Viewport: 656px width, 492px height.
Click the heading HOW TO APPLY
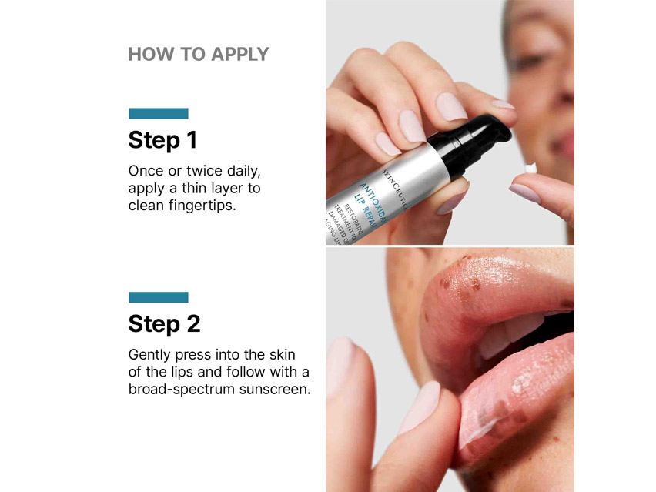[x=198, y=54]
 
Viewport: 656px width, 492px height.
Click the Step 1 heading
[x=162, y=140]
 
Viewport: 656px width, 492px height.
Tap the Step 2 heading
[x=164, y=323]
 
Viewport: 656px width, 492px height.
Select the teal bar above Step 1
[x=158, y=113]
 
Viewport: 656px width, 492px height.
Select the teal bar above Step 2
[x=158, y=297]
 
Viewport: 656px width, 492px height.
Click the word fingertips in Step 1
[x=199, y=206]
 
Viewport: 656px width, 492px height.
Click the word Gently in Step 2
[x=149, y=356]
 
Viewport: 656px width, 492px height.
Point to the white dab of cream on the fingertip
[x=530, y=167]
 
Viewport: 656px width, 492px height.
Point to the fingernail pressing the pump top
[x=450, y=106]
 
